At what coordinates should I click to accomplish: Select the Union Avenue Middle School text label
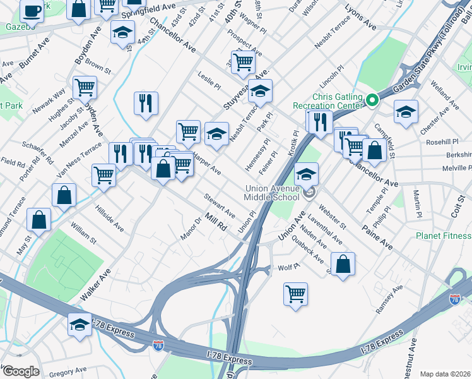(273, 193)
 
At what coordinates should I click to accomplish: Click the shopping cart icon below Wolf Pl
(295, 294)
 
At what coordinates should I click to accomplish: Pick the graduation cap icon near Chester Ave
(405, 112)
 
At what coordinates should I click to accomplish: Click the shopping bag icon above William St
(64, 196)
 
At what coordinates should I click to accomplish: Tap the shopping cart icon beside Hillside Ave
(103, 175)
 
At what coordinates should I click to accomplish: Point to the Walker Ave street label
(95, 284)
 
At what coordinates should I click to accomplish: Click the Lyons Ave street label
(360, 18)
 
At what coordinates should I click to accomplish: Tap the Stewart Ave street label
(219, 206)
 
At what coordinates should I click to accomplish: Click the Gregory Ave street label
(68, 373)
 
